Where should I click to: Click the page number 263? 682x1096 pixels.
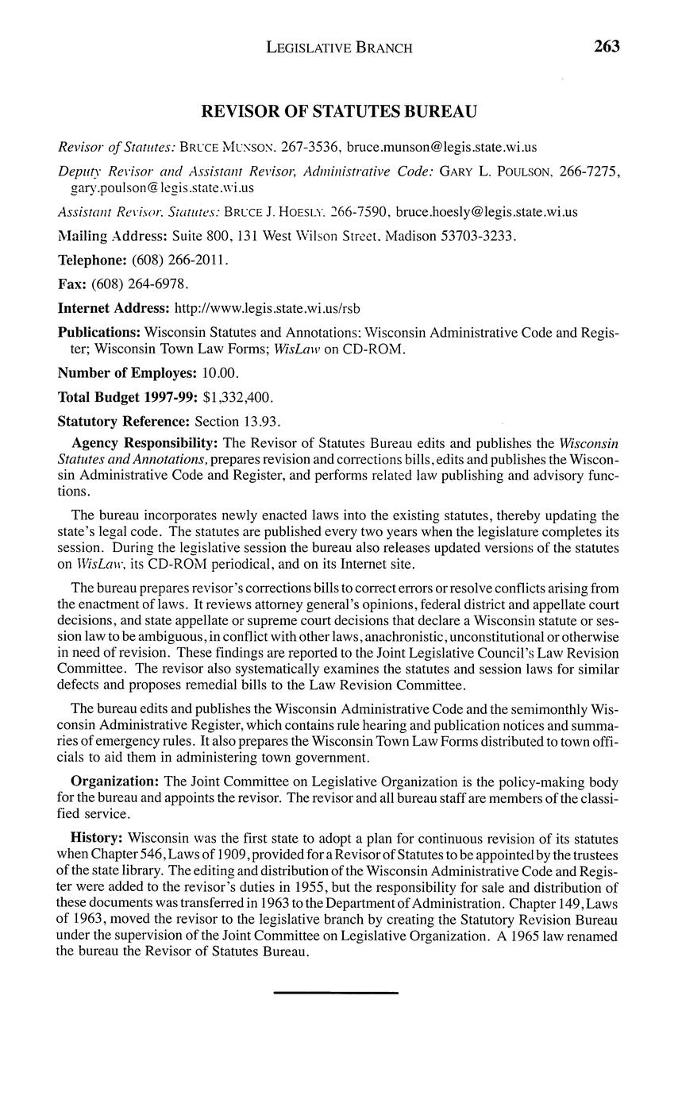coord(606,47)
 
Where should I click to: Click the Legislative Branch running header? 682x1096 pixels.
coord(339,48)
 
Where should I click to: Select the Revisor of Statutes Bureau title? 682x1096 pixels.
coord(339,112)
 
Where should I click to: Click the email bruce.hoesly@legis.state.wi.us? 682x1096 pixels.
coord(487,211)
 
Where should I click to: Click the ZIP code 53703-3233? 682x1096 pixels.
coord(472,236)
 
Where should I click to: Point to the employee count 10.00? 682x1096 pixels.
coord(218,372)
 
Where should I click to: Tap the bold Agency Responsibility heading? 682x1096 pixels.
coord(144,442)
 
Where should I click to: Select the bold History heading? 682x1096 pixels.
coord(98,838)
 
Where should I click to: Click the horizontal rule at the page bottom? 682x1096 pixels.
coord(336,993)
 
